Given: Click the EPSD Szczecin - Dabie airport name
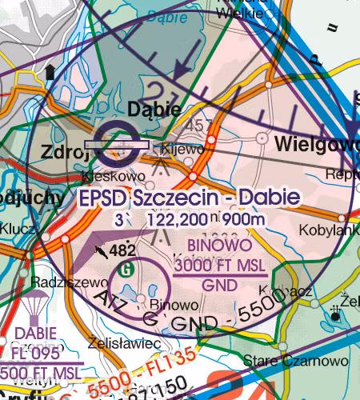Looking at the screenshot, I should (x=190, y=198).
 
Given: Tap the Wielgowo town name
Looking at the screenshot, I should (x=315, y=144).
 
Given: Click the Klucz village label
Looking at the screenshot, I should (x=18, y=230).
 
